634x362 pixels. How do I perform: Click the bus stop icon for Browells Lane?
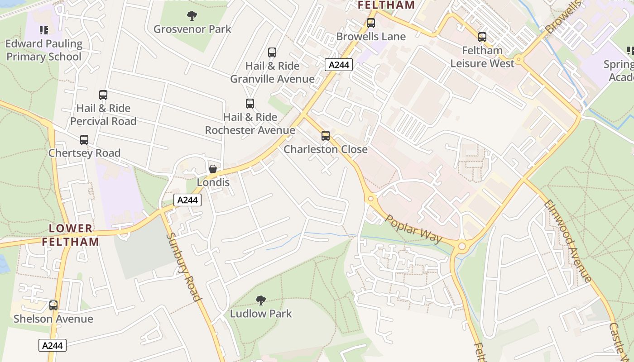[371, 23]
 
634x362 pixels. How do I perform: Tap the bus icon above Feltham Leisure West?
[482, 37]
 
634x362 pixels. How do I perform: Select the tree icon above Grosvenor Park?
[192, 16]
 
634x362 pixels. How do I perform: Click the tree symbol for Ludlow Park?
[260, 300]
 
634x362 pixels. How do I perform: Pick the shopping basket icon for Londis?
[213, 169]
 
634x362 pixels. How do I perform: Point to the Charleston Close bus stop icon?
[325, 136]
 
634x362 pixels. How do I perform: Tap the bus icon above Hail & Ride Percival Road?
[103, 95]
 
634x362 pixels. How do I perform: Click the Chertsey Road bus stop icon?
[84, 140]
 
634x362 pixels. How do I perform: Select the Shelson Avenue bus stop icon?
[53, 305]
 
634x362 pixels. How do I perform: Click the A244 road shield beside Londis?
[187, 200]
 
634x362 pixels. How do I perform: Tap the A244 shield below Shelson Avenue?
[53, 345]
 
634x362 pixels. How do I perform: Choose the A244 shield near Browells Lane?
[339, 65]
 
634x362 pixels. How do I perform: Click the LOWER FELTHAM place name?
[71, 235]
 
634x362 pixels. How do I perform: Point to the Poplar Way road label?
[413, 229]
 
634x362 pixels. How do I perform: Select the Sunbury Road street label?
[183, 267]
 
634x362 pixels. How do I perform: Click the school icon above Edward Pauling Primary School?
[44, 30]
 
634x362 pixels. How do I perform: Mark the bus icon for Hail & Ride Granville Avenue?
[272, 52]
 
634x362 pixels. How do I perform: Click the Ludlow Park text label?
[261, 314]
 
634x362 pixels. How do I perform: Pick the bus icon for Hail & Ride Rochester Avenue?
[250, 104]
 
